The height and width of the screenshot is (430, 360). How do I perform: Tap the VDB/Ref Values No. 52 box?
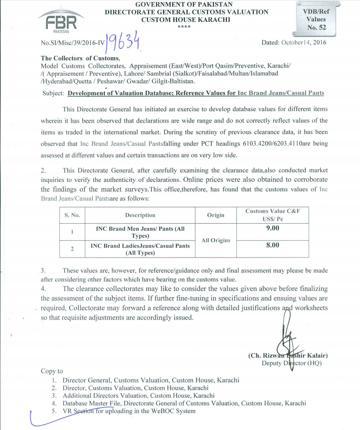(317, 18)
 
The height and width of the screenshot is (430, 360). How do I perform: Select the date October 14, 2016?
(293, 43)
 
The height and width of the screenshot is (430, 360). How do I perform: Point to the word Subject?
(53, 93)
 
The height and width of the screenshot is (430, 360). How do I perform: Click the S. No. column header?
(73, 215)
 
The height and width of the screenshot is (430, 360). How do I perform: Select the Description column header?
(140, 215)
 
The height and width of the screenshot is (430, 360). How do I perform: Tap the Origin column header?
(215, 215)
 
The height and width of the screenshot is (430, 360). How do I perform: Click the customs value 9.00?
(272, 228)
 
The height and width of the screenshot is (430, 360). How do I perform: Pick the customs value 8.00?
(272, 245)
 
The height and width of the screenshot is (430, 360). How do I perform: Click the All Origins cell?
(215, 241)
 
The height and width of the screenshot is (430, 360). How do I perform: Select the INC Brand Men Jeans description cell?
(140, 232)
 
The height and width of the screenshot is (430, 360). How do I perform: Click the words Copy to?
(52, 371)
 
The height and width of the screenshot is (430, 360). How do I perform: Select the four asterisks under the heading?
(186, 26)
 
